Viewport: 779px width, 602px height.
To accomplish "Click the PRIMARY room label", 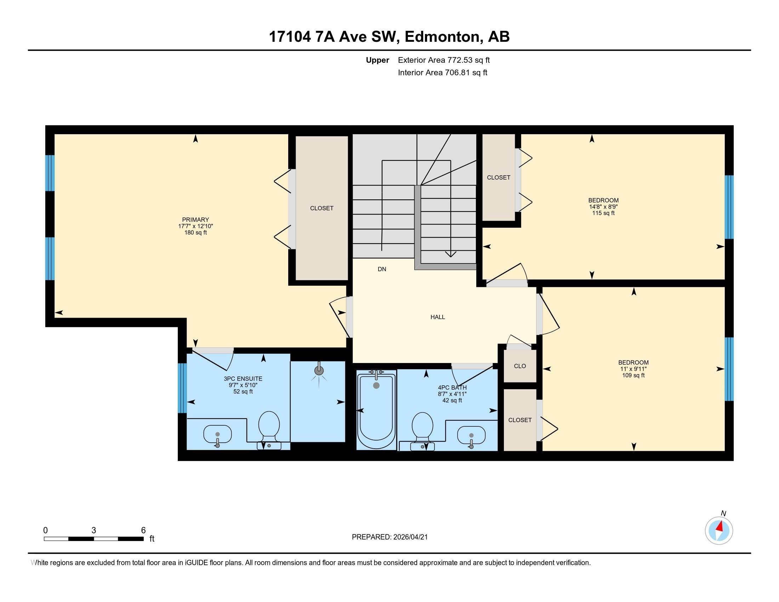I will (195, 220).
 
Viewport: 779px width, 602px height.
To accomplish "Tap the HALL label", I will (437, 317).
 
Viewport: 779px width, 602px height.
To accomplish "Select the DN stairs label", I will (382, 269).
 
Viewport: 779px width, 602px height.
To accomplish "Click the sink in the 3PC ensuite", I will (217, 435).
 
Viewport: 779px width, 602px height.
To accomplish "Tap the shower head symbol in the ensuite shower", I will (319, 370).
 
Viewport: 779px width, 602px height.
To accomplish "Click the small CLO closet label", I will (520, 366).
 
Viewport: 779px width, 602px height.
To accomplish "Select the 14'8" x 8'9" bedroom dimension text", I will (603, 206).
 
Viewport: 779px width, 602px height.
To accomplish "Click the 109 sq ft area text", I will (633, 375).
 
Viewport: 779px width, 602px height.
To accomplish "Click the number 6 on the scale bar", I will (143, 530).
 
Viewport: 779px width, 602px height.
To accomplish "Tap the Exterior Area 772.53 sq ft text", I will (443, 60).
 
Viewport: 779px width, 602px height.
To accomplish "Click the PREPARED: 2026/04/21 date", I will (389, 537).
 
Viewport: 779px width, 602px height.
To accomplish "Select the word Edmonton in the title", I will (442, 37).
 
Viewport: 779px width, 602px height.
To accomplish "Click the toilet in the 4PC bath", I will (422, 428).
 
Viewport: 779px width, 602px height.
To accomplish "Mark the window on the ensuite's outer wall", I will (182, 388).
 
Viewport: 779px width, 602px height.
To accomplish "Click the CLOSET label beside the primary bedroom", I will (322, 208).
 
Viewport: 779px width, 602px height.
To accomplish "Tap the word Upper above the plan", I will (377, 60).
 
